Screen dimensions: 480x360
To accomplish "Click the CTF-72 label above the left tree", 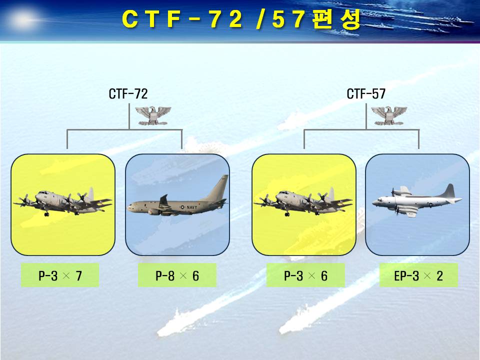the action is click(128, 93).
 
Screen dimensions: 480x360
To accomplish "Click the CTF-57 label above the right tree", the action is click(366, 93).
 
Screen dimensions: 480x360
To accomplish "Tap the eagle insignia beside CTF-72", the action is click(153, 115).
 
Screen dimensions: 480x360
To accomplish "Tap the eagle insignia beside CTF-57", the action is click(389, 115).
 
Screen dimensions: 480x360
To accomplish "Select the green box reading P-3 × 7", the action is click(60, 275).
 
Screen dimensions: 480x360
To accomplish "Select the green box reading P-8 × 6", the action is click(177, 275).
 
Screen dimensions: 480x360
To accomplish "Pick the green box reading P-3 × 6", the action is click(305, 275).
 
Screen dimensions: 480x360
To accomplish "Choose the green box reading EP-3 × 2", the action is click(419, 275).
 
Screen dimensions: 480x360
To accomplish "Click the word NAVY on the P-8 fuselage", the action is click(192, 207).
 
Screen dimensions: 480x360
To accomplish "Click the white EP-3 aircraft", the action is click(417, 200).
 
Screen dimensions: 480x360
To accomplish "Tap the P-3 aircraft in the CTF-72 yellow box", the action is click(62, 202).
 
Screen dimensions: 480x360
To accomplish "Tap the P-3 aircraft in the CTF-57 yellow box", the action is click(303, 202).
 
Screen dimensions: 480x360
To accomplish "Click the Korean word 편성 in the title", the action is click(337, 19).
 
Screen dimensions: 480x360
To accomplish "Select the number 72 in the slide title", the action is click(227, 19).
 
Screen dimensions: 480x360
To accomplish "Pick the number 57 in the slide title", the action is click(289, 19).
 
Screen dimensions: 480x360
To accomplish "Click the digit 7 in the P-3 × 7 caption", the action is click(79, 276).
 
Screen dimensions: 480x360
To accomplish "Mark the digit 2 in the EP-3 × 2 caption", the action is click(439, 276).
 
